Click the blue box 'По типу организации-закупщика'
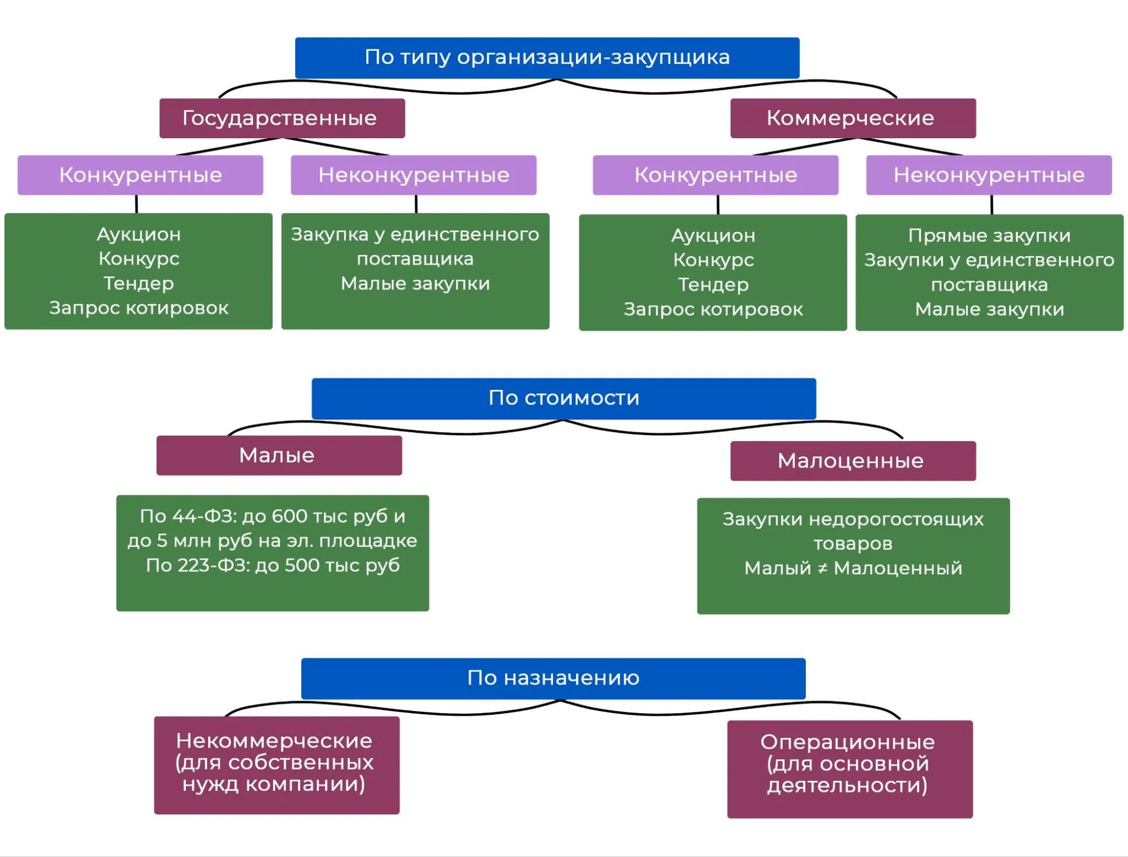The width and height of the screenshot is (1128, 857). click(547, 58)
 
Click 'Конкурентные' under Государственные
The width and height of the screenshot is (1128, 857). click(140, 175)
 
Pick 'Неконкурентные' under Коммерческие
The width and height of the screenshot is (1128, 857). click(989, 175)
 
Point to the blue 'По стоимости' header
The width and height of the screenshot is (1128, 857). click(564, 398)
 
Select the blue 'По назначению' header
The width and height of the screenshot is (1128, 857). click(553, 678)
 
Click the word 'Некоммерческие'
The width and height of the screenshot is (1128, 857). click(274, 741)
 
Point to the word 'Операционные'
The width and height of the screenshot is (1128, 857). click(848, 742)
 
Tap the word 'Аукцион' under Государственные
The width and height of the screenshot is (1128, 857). click(138, 234)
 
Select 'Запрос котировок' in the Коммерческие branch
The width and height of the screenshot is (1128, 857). click(713, 309)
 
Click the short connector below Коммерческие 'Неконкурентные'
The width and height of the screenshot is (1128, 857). click(991, 204)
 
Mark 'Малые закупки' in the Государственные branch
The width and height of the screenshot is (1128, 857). click(415, 283)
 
